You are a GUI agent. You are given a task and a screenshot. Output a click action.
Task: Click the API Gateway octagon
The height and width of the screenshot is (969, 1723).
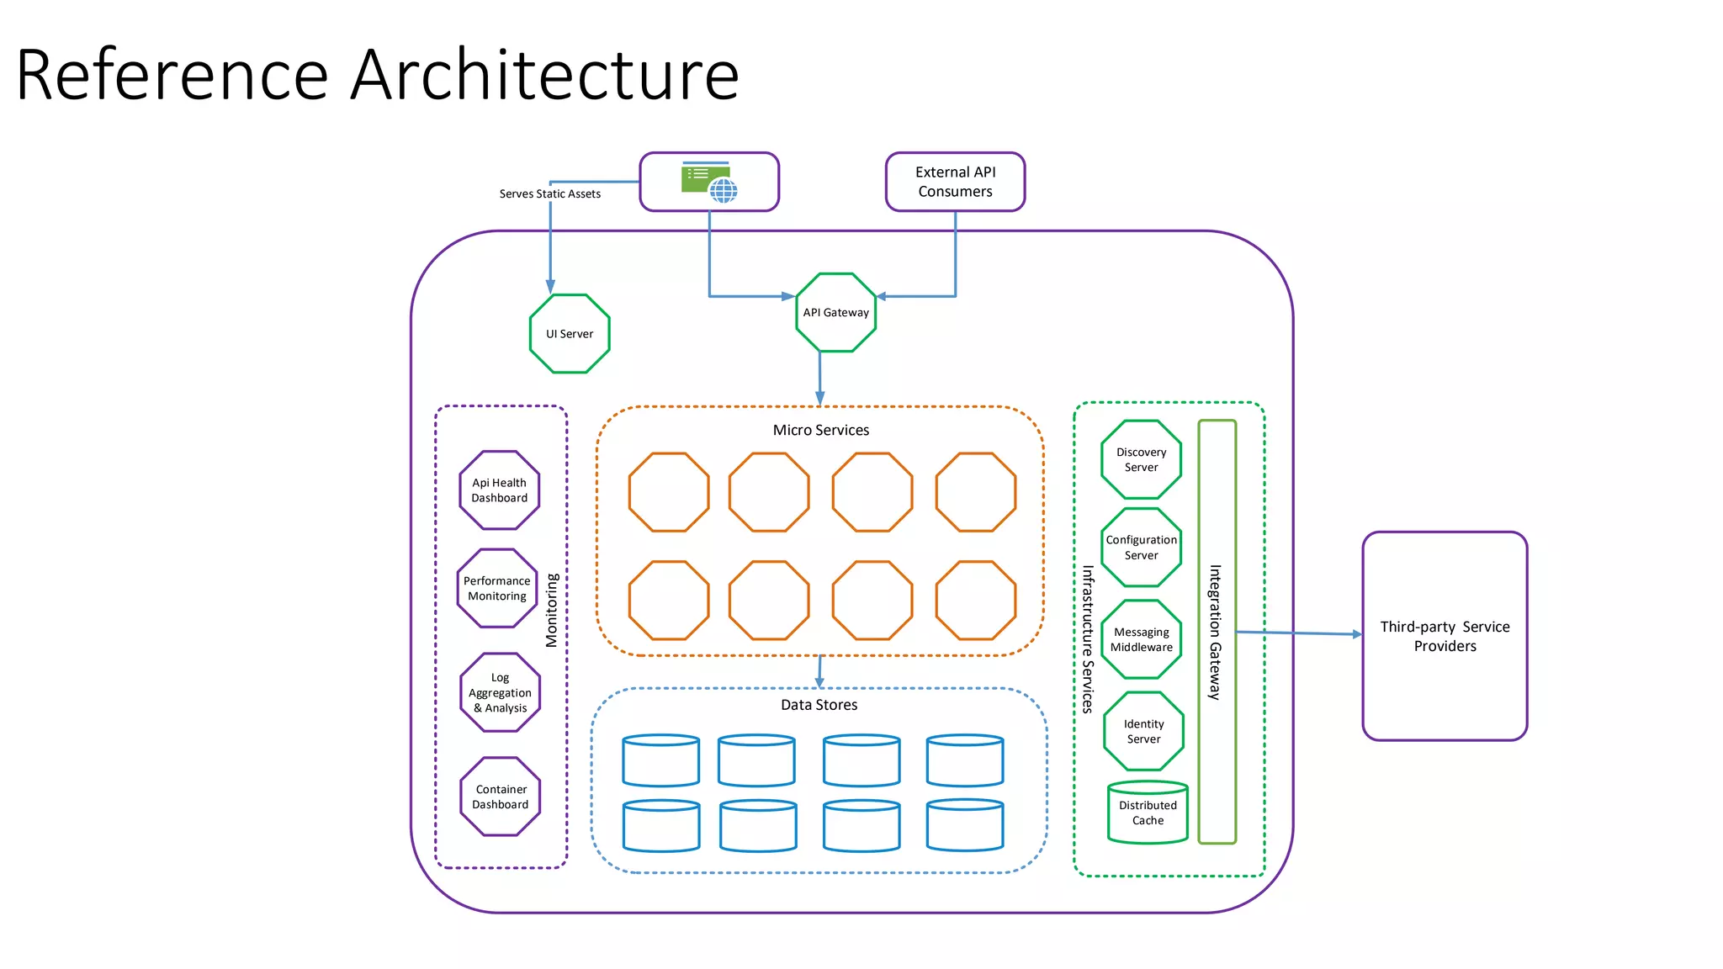coord(835,312)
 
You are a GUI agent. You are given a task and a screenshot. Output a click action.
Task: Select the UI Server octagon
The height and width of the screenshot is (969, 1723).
coord(570,334)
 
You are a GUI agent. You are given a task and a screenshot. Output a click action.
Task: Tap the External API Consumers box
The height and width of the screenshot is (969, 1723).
coord(955,182)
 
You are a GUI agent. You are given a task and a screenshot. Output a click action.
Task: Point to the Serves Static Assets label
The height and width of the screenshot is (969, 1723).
coord(549,193)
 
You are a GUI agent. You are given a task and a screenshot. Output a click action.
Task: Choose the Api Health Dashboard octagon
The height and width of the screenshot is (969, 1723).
coord(499,490)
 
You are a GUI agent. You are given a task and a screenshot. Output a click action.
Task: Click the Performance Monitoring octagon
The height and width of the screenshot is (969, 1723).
coord(497,588)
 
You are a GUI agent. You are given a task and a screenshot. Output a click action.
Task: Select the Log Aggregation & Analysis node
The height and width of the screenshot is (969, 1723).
coord(500,692)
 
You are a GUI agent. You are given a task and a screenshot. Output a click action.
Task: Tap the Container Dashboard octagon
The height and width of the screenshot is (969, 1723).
coord(501,797)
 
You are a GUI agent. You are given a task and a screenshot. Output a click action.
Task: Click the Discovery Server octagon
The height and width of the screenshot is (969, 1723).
coord(1141,459)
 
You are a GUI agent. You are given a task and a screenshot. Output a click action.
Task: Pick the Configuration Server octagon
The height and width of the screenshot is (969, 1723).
coord(1141,548)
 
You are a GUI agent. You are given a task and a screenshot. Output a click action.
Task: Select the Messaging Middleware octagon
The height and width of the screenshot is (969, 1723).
coord(1141,639)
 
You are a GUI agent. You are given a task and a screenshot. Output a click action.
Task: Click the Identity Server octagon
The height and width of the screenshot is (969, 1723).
coord(1143,731)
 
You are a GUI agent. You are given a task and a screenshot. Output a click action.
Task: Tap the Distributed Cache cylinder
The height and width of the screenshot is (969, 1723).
coord(1148,813)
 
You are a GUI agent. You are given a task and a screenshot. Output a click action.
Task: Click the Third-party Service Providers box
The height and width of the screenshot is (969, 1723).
coord(1445,636)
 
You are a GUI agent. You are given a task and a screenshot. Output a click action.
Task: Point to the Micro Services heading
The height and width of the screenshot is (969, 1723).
coord(820,430)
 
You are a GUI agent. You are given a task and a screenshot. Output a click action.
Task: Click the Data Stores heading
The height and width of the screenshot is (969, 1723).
coord(819,705)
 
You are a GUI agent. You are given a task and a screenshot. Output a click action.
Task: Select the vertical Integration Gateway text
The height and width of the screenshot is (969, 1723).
coord(1215,632)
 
